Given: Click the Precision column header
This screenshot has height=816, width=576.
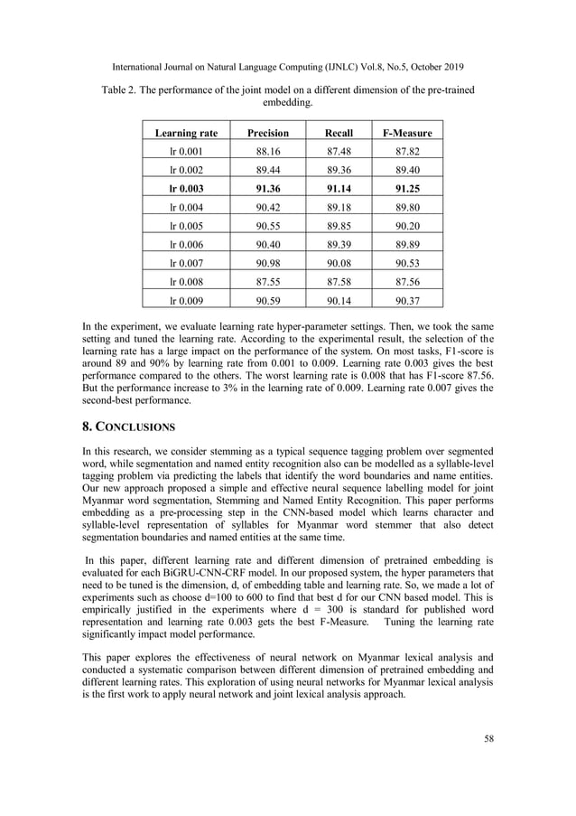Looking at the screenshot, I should click(268, 134).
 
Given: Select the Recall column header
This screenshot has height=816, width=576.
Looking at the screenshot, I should click(339, 134).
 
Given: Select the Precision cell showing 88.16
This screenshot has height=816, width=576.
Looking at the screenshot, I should click(268, 152).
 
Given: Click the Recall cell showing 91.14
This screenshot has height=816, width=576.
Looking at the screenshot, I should click(339, 189).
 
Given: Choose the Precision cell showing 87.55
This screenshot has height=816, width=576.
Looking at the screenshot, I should click(268, 282).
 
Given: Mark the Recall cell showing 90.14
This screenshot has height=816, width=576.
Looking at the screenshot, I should click(339, 301).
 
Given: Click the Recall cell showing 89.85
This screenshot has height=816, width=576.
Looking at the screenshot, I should click(339, 226).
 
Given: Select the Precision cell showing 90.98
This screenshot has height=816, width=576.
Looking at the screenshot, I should click(268, 264).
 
